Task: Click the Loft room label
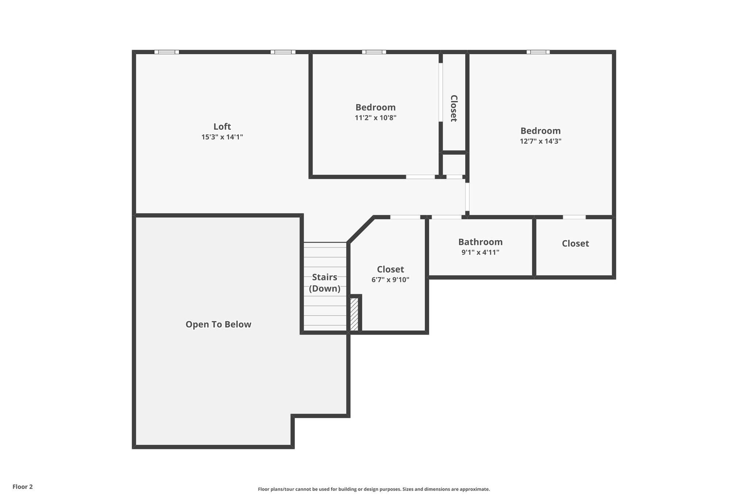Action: pos(222,126)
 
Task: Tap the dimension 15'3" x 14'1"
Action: pos(222,137)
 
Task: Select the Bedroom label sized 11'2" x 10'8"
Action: pos(375,107)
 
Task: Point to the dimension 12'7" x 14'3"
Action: pos(541,141)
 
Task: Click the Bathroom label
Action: pos(480,242)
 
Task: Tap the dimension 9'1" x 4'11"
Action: pos(480,252)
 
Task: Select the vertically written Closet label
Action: pos(454,108)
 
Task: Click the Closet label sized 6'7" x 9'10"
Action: pos(390,269)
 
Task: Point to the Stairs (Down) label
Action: pos(325,283)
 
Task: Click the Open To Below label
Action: pos(218,325)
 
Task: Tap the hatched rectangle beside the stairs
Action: pos(354,314)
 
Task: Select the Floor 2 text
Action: pos(23,487)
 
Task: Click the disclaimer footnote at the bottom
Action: pos(374,489)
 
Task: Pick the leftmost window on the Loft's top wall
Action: pos(167,52)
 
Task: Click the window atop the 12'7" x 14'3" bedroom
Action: pos(538,52)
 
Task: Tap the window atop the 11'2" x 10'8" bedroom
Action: pos(374,52)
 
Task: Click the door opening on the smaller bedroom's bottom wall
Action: pos(420,177)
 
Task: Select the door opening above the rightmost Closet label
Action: pos(574,217)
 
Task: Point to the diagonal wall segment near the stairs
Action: pos(360,230)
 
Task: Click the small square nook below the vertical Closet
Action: pos(454,165)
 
